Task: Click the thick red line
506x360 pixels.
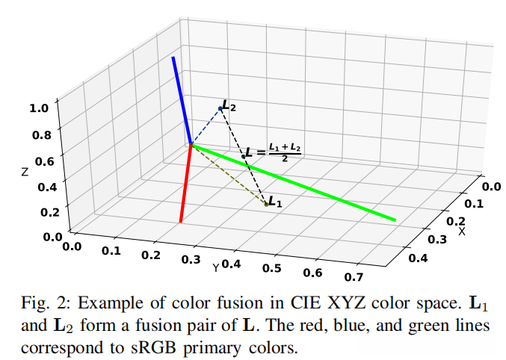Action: tap(186, 184)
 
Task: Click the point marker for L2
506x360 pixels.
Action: tap(220, 109)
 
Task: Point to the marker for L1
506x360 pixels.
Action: tap(267, 203)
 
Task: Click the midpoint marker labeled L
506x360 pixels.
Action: tap(244, 156)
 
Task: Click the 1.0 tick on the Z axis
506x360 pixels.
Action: tap(39, 108)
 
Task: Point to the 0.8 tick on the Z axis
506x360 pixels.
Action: tap(42, 134)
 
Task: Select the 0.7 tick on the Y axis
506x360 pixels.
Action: tap(353, 277)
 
